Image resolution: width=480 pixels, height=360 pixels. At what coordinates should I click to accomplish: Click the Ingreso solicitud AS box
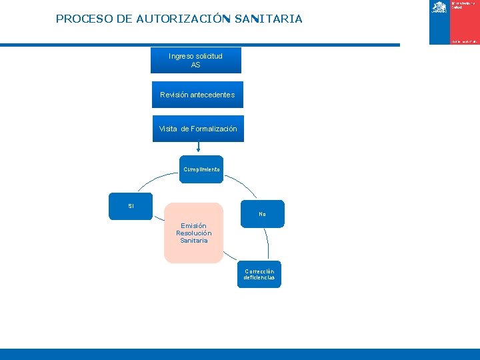point(195,61)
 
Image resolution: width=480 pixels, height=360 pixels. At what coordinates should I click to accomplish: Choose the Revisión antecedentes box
point(197,95)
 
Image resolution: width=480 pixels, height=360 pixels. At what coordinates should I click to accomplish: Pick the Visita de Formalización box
point(197,129)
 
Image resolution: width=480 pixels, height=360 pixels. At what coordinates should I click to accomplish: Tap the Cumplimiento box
point(201,169)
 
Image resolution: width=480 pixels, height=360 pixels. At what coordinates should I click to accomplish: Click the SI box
point(131,206)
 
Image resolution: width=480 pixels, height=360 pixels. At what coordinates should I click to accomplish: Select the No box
point(262,214)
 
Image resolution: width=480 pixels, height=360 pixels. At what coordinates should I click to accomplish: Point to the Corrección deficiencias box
point(259,274)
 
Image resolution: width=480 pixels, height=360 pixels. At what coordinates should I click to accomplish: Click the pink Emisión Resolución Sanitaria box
point(193,233)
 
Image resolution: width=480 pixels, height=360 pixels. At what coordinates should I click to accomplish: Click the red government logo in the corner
point(455,22)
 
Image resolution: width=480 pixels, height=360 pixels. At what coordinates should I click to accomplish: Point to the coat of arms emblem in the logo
point(439,7)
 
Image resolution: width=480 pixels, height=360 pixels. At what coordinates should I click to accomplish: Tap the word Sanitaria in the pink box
point(194,241)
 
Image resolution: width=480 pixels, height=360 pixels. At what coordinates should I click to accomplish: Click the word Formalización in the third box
point(213,129)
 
